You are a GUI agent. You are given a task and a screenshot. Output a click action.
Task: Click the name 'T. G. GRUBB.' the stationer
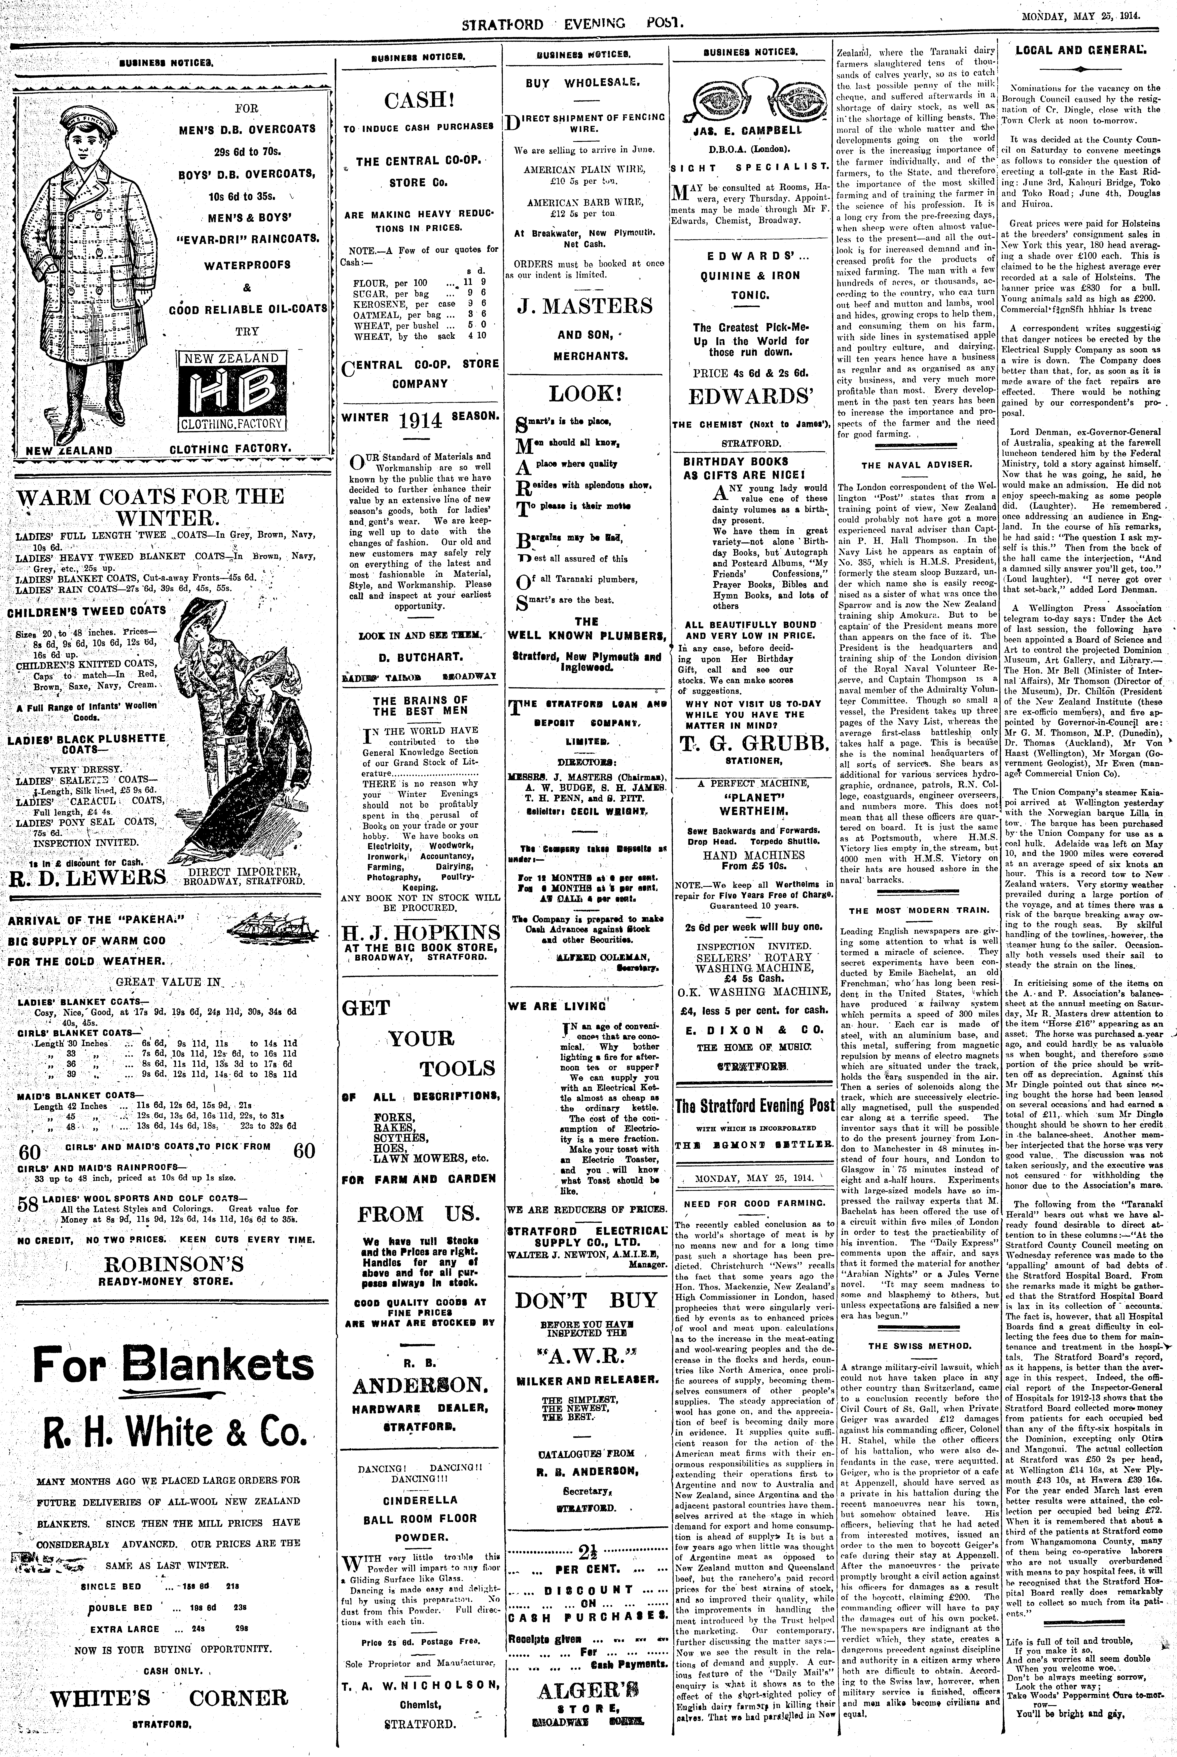coord(754,743)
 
